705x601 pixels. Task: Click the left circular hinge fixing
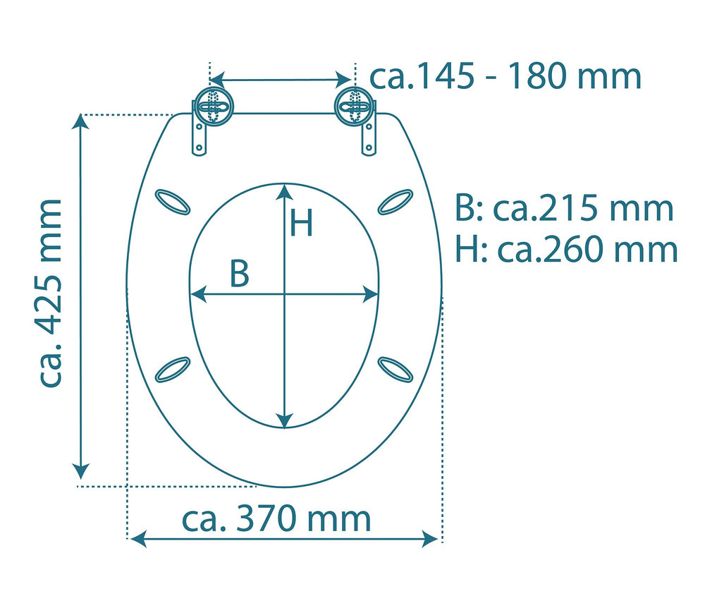pos(213,107)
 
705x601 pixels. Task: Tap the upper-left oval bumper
pos(172,202)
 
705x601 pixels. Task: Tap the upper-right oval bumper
pos(396,202)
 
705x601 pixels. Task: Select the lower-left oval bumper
pos(172,370)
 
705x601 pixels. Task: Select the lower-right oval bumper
pos(396,370)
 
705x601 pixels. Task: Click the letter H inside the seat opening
pos(301,223)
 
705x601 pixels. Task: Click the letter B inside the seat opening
pos(239,273)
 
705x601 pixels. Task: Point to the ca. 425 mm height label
pos(50,293)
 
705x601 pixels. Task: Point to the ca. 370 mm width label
pos(276,518)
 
